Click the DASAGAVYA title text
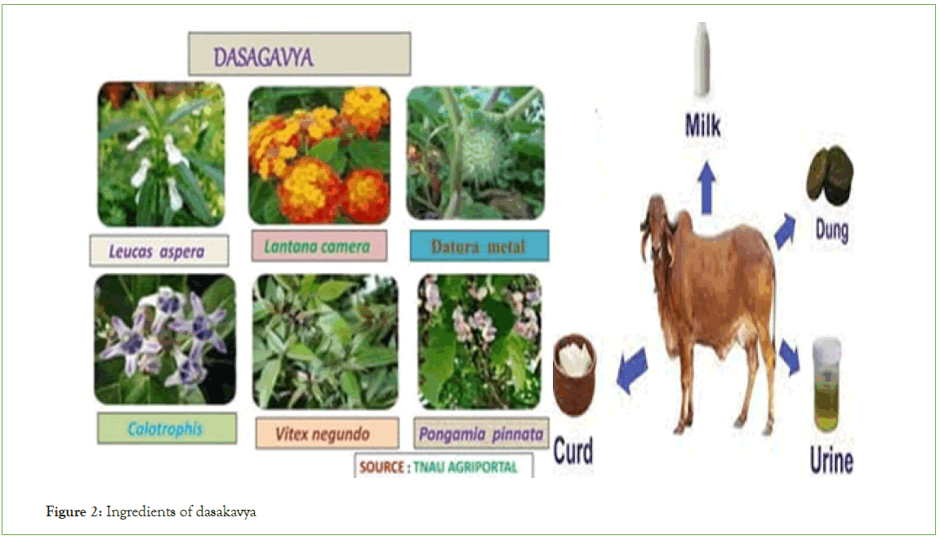(263, 57)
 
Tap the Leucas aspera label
(157, 252)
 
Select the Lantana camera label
(317, 246)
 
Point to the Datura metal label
(479, 247)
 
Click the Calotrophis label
(165, 428)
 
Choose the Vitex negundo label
(323, 434)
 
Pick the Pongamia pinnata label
(481, 434)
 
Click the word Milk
(702, 126)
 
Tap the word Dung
(831, 230)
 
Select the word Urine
(831, 461)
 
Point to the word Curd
(573, 451)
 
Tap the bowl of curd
(573, 374)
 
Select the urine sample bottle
(826, 386)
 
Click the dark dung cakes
(831, 176)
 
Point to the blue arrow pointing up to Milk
(706, 187)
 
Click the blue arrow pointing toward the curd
(632, 371)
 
